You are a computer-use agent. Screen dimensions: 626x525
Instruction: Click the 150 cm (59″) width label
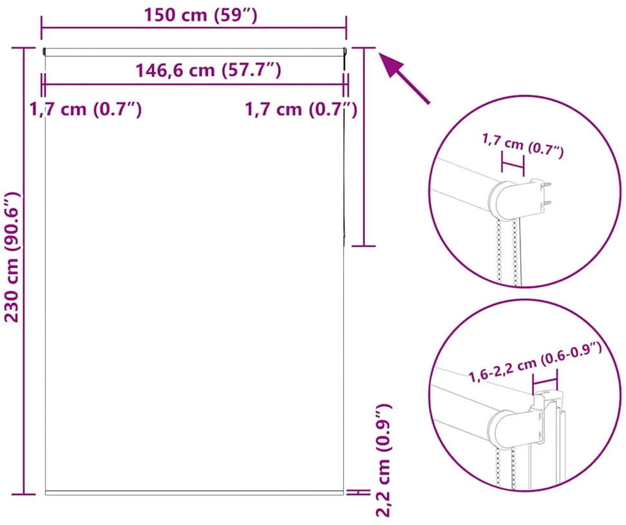pos(200,15)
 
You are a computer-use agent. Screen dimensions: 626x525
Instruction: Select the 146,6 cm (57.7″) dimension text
pos(209,70)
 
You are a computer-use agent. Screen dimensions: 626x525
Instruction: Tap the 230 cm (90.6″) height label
pos(12,257)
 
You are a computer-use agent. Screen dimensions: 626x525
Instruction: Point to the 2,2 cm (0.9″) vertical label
pos(383,460)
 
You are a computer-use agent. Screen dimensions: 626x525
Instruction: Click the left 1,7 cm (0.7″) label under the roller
pos(86,109)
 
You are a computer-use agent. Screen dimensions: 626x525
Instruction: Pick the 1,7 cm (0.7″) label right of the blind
pos(301,109)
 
